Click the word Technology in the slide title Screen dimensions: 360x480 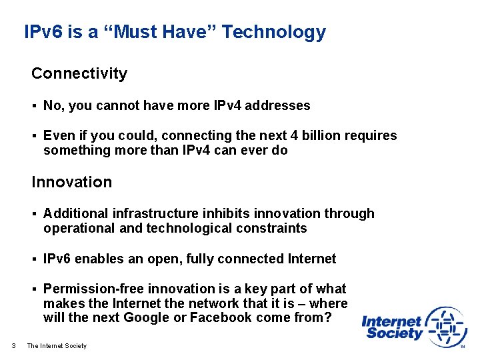[x=274, y=32]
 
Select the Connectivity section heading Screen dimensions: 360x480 [x=79, y=73]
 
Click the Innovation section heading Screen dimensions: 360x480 [x=72, y=182]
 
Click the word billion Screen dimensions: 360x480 [x=298, y=136]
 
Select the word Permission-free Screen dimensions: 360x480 [x=93, y=289]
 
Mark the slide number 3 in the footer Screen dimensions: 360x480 [x=14, y=345]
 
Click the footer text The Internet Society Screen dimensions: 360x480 [x=57, y=345]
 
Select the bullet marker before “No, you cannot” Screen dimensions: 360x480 [x=34, y=106]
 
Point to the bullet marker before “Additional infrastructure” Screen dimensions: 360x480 [x=34, y=214]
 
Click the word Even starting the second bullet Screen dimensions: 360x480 [x=57, y=136]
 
